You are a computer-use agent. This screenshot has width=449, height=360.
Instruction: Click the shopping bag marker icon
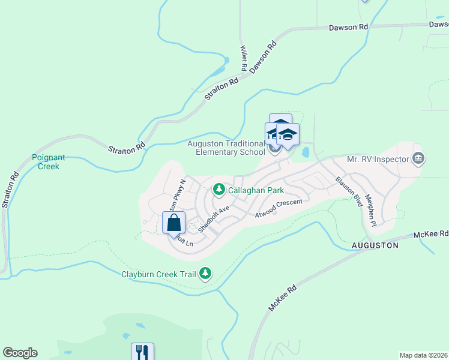(x=173, y=223)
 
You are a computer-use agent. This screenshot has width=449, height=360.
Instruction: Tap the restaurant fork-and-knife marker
(x=143, y=353)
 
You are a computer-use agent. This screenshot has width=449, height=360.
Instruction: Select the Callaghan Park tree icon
(x=219, y=190)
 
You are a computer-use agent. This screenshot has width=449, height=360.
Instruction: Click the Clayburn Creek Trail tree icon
(x=206, y=274)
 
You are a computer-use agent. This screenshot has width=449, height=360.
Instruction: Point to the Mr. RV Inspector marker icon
(x=419, y=159)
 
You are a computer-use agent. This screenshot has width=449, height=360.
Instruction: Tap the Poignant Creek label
(x=45, y=162)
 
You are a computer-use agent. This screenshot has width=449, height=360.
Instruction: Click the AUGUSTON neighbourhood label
(x=375, y=246)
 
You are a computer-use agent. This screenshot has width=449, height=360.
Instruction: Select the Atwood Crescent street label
(x=278, y=208)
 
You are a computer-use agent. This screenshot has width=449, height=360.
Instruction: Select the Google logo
(x=20, y=353)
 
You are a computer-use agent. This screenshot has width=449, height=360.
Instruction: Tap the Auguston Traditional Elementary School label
(x=226, y=148)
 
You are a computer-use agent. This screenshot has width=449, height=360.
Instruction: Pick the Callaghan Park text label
(x=256, y=190)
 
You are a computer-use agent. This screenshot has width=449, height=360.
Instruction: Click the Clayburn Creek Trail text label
(x=159, y=274)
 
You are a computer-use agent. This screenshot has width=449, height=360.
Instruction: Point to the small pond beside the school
(x=305, y=152)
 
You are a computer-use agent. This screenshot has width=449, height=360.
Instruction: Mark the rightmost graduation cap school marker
(x=288, y=135)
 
